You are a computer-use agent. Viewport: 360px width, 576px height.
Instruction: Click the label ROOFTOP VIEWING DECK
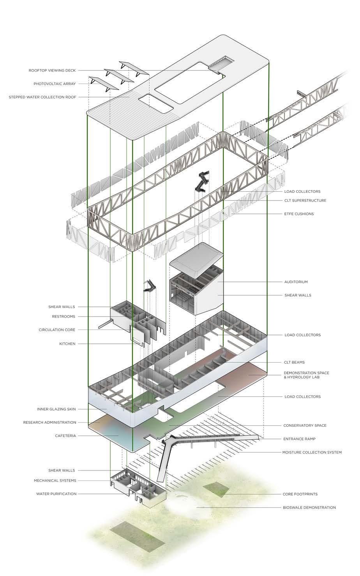coord(52,70)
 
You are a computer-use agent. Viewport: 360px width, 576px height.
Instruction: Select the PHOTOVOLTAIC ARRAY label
coord(55,84)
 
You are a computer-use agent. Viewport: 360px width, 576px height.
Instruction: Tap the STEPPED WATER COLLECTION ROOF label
coord(42,97)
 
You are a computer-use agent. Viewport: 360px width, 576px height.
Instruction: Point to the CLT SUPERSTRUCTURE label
coord(305,201)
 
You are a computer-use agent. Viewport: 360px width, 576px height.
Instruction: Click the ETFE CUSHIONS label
coord(299,214)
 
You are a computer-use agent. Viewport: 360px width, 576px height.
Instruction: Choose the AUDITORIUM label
coord(296,282)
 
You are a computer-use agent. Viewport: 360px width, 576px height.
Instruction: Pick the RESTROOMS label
coord(64,317)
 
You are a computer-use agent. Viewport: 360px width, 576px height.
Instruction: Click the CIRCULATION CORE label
coord(57,330)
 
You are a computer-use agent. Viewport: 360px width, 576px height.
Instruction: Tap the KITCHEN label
coord(67,344)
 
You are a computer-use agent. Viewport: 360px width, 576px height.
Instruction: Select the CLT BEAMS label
coord(295,362)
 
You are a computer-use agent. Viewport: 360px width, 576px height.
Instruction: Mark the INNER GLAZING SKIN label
coord(56,409)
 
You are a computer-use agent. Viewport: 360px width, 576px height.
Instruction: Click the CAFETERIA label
coord(65,436)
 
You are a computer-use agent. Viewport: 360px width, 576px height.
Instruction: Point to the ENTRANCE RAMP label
coord(299,439)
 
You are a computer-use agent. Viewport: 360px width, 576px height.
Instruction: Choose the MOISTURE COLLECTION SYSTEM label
coord(312,453)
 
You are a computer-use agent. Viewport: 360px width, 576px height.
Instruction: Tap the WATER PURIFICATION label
coord(56,494)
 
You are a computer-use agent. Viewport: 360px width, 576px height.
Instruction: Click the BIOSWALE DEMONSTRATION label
coord(309,507)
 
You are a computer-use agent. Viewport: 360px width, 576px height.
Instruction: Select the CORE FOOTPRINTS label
coord(300,494)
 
